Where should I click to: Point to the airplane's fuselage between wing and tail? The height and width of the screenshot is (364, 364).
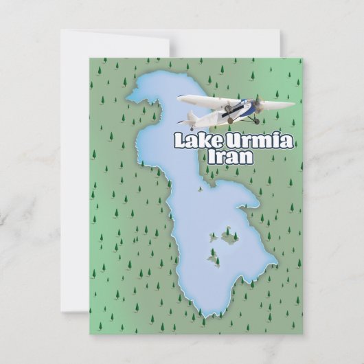[x=209, y=110]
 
